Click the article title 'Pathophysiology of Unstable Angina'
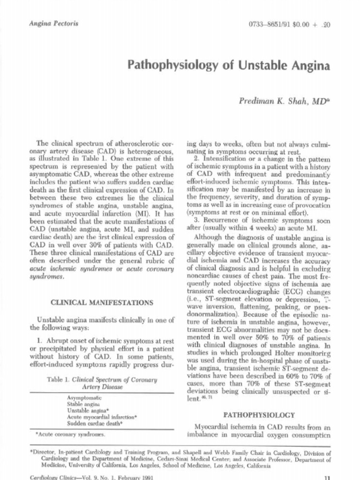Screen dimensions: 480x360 pyautogui.click(x=229, y=65)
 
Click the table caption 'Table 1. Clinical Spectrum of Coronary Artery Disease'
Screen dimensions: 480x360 pyautogui.click(x=101, y=383)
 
